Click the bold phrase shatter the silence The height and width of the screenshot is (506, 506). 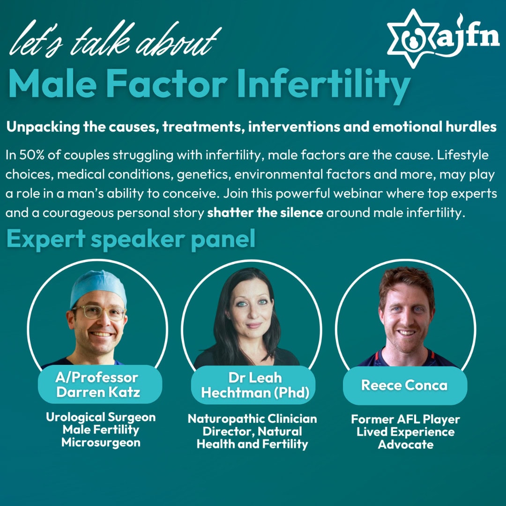pyautogui.click(x=265, y=212)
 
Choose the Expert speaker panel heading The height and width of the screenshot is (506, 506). pyautogui.click(x=131, y=239)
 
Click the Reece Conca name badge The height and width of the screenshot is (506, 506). pyautogui.click(x=404, y=386)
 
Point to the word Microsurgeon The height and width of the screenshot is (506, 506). pyautogui.click(x=100, y=442)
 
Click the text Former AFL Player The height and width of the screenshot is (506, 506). pyautogui.click(x=406, y=419)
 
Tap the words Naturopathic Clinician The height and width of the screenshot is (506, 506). pyautogui.click(x=253, y=418)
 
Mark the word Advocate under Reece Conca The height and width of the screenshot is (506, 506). pyautogui.click(x=406, y=444)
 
